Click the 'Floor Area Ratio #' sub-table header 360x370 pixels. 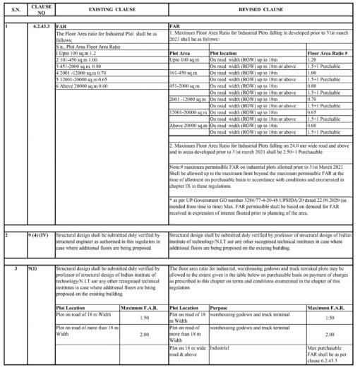pyautogui.click(x=325, y=52)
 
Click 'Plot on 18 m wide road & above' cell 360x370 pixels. pyautogui.click(x=186, y=351)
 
